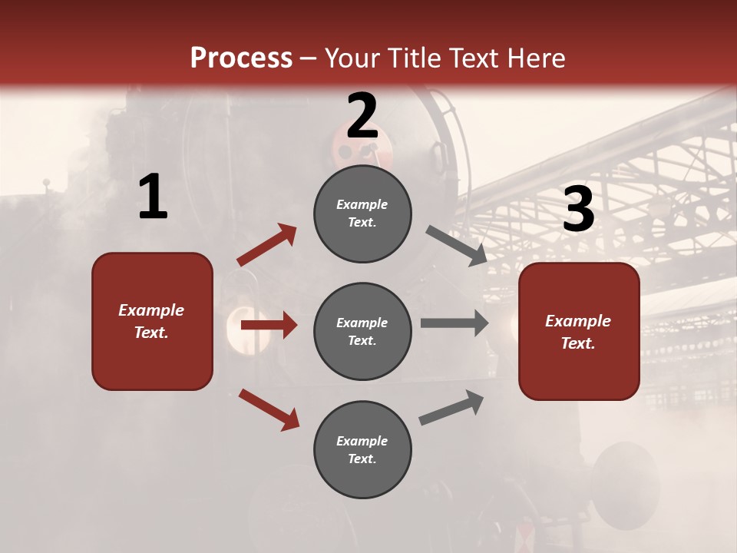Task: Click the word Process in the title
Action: [241, 58]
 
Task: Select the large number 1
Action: [153, 197]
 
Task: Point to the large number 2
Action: [362, 116]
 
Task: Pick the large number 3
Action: [578, 210]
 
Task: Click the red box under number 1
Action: [152, 321]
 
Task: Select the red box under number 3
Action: [579, 331]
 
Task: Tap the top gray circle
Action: [362, 214]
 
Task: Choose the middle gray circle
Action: [362, 331]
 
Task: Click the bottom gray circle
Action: [362, 449]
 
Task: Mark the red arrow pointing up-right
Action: [267, 244]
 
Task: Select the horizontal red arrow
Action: [269, 326]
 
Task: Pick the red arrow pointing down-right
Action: [269, 409]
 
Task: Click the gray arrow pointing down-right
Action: [456, 246]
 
